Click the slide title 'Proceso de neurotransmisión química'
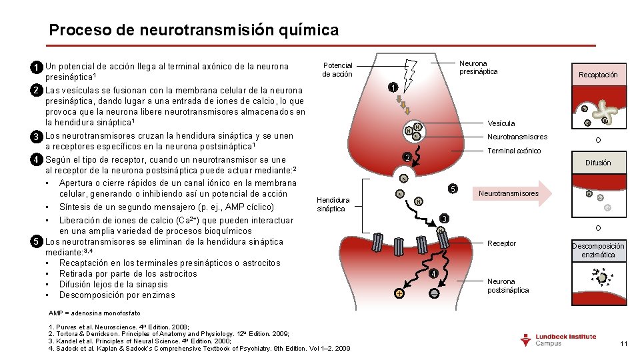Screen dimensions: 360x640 194,30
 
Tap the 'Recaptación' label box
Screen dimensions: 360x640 598,75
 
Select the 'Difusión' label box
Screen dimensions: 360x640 598,163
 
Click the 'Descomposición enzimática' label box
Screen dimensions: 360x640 598,250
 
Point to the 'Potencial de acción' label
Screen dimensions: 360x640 337,70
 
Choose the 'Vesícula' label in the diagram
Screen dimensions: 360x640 501,123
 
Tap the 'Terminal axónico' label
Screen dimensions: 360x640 514,151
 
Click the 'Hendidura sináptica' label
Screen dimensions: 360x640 331,204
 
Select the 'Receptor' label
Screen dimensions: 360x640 501,243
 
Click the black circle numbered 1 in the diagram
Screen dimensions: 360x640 393,88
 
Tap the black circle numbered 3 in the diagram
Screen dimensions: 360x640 445,219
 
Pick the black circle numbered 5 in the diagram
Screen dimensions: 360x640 452,189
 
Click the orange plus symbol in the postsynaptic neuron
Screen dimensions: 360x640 399,294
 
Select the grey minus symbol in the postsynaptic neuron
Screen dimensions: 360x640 434,293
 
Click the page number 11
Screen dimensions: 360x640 624,343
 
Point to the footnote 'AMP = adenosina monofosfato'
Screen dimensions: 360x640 95,313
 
